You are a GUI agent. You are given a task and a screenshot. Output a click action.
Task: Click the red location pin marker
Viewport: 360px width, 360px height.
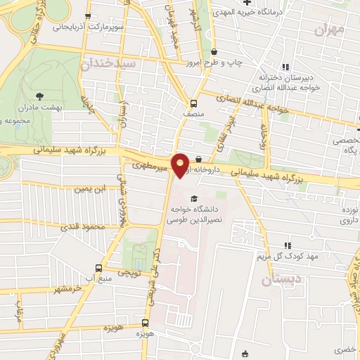tap(181, 165)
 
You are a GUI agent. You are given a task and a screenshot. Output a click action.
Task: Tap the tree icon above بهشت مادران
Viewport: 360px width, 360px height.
tap(38, 95)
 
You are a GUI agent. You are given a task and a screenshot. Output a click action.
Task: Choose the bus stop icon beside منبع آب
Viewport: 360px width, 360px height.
tap(98, 268)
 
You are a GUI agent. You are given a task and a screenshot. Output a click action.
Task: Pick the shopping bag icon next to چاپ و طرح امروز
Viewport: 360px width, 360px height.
tap(214, 51)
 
